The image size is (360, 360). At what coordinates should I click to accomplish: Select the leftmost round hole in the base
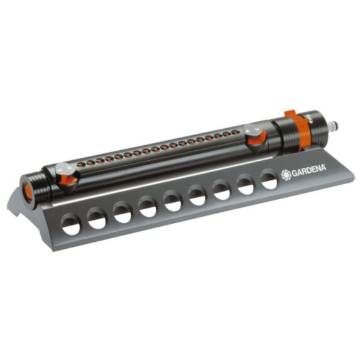(72, 224)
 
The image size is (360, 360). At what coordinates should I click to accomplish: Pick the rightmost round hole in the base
(270, 181)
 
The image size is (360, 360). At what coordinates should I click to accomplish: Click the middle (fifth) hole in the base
(173, 200)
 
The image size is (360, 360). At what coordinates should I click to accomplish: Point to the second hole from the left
(97, 218)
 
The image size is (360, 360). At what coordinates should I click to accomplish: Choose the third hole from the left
(123, 212)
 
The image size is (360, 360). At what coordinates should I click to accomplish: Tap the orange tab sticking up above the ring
(290, 114)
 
